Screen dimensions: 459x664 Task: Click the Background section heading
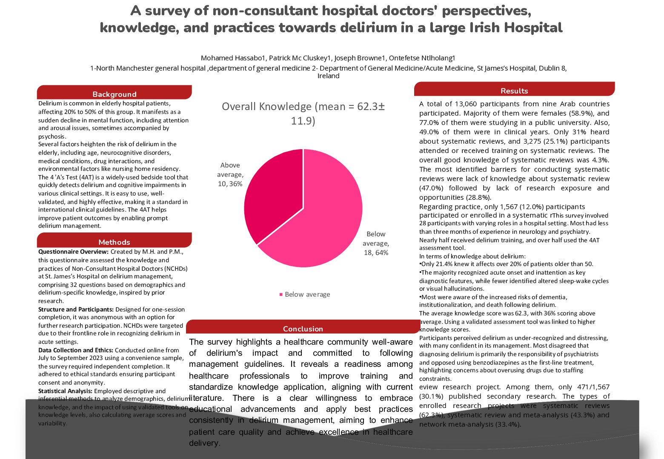click(114, 94)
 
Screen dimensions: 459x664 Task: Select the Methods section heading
click(114, 242)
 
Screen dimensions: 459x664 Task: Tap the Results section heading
click(514, 91)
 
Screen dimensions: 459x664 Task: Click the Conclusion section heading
click(303, 329)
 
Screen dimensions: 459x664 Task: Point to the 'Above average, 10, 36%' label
click(230, 174)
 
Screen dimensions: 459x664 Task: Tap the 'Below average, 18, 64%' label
click(376, 243)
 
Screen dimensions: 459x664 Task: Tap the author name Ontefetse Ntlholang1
click(423, 58)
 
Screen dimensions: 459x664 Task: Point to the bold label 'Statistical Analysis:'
click(65, 391)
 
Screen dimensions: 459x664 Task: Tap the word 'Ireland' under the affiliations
click(328, 76)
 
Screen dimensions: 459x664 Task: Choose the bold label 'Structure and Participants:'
click(76, 309)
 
